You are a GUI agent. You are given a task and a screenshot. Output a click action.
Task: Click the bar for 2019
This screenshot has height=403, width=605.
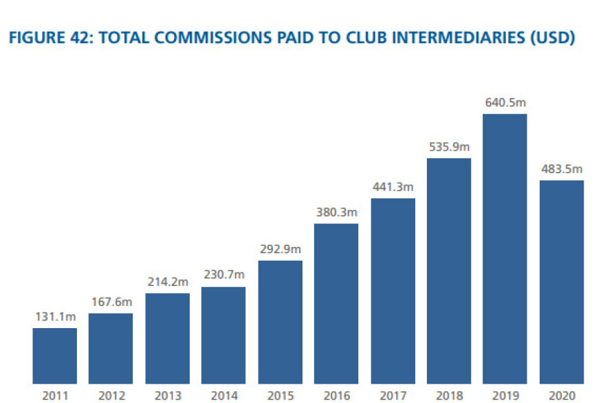pos(505,248)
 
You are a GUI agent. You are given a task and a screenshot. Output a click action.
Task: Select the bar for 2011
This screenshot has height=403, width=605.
pos(55,356)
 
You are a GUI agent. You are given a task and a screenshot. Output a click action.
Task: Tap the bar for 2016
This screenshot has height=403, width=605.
pos(336,303)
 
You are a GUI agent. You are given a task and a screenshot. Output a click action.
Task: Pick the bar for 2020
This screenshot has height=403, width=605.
pos(561,281)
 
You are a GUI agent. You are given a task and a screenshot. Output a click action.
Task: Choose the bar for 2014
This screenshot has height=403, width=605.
pos(223,335)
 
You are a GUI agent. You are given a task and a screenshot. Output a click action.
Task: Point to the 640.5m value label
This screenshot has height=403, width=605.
pos(505,102)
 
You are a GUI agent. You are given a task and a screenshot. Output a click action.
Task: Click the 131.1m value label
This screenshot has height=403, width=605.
pos(55,316)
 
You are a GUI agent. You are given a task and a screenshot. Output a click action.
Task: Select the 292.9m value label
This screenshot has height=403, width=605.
pos(280,249)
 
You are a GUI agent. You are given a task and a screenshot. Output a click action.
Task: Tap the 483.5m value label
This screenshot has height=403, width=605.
pos(561,169)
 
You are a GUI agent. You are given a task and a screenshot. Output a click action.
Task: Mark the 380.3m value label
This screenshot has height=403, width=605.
pos(336,212)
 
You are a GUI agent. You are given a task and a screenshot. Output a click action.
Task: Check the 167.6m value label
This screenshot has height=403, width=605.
pos(111,302)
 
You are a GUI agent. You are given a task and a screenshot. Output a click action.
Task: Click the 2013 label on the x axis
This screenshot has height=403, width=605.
pos(168,395)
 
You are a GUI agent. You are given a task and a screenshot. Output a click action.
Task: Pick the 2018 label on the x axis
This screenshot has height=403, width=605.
pos(448,395)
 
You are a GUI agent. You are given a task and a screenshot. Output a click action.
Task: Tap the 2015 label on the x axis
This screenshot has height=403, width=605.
pos(280,395)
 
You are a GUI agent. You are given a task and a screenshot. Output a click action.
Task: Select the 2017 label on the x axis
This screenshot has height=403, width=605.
pos(393,395)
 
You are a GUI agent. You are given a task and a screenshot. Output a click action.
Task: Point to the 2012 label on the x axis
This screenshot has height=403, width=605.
pos(111,395)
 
